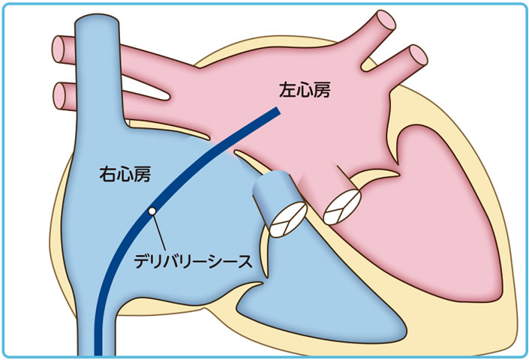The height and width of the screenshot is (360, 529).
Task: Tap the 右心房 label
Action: pos(125,175)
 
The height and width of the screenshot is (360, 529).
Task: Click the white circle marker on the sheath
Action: pos(152,212)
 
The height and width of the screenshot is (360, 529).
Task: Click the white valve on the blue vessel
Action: pos(287,219)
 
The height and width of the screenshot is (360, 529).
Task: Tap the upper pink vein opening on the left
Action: pos(59,49)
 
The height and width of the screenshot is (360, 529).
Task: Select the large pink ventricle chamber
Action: pos(435,225)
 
